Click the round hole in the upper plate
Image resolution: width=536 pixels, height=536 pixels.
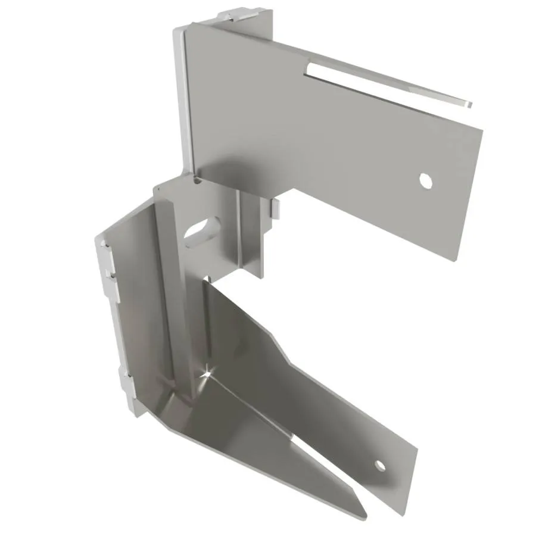pyautogui.click(x=425, y=179)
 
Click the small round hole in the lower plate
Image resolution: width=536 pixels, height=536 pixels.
pyautogui.click(x=379, y=465)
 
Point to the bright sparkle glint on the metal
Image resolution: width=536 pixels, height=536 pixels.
pyautogui.click(x=205, y=373)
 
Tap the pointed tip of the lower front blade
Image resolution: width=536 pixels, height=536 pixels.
pyautogui.click(x=363, y=517)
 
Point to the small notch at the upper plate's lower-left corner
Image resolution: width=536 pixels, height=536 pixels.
pyautogui.click(x=196, y=177)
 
